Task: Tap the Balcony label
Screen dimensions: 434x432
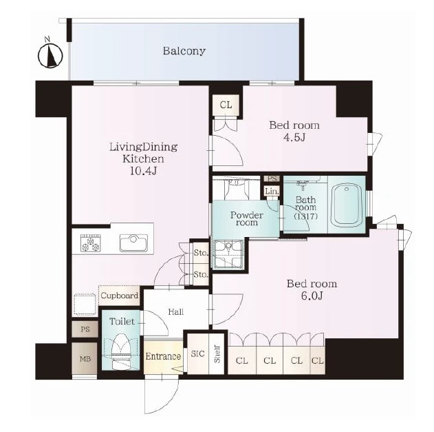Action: [x=184, y=51]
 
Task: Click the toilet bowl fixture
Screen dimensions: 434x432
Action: [x=120, y=350]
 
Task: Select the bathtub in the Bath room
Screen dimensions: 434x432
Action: [x=347, y=205]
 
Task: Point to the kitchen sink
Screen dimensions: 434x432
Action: [x=133, y=243]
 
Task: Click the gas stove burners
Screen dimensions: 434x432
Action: [x=91, y=243]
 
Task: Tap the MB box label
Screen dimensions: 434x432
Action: [x=85, y=359]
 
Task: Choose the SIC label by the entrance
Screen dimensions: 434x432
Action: [x=197, y=353]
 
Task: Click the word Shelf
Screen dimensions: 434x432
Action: [x=217, y=354]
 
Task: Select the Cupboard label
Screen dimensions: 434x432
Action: [x=120, y=296]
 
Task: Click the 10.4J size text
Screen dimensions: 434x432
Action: [x=143, y=171]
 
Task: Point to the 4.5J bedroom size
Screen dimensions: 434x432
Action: [x=294, y=137]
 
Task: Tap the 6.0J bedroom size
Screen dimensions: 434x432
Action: [x=312, y=296]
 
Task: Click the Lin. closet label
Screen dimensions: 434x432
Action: [x=272, y=192]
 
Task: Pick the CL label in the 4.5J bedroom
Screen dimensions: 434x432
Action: [x=226, y=105]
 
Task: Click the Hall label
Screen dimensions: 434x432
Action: [x=176, y=312]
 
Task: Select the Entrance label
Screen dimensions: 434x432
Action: [x=163, y=356]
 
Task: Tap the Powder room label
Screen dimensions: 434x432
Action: [x=247, y=218]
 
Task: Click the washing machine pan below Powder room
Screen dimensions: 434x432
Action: [x=228, y=254]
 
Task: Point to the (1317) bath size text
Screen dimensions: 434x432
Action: [x=305, y=216]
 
